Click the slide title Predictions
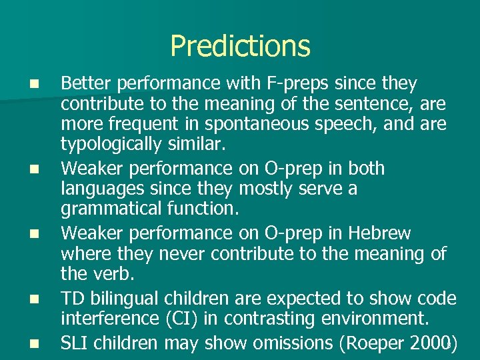(x=240, y=46)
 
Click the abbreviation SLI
(x=76, y=343)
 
